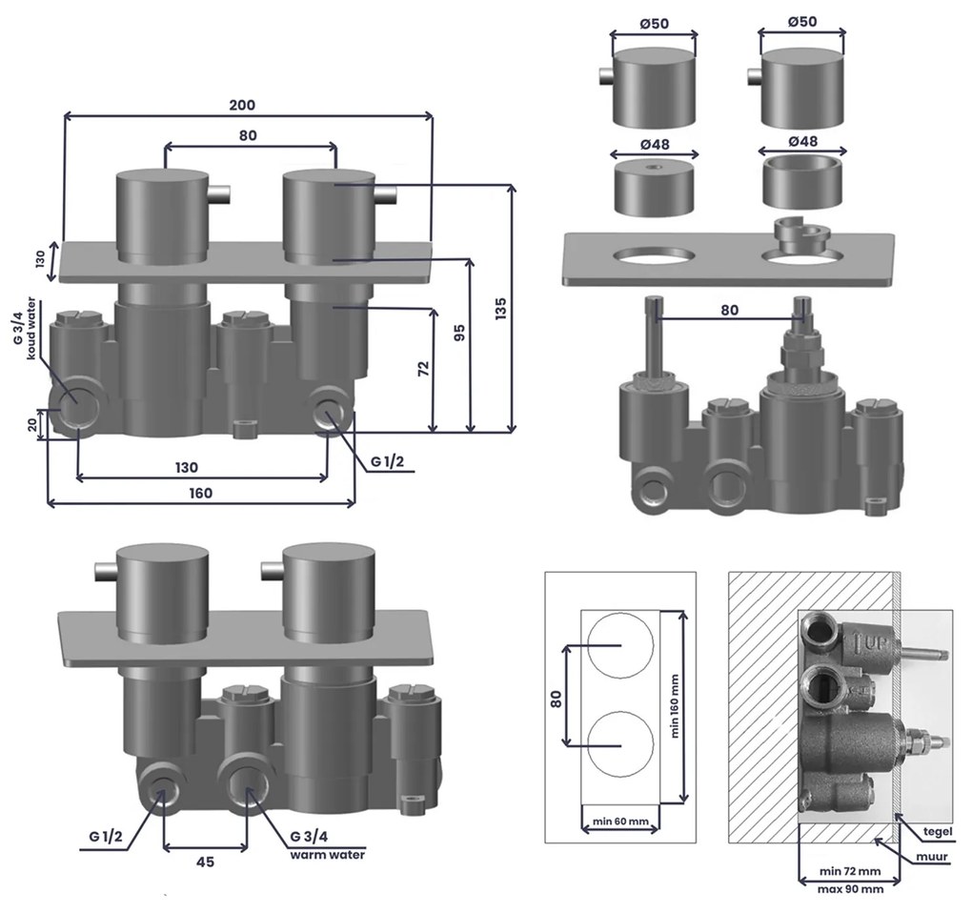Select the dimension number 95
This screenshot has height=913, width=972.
coord(460,333)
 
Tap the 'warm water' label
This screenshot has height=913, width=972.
coord(328,854)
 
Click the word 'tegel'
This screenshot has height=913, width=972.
coord(938,831)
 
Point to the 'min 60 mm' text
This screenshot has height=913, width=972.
coord(619,822)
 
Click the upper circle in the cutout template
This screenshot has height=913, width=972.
coord(620,646)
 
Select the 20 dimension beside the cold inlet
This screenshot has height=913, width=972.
coord(34,426)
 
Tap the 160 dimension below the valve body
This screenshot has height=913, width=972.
coord(200,493)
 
